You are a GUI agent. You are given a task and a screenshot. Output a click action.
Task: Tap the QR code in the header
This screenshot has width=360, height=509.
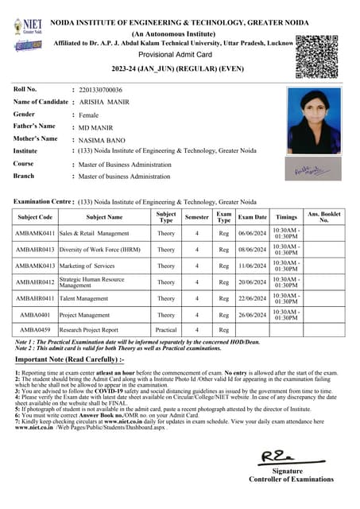pos(317,56)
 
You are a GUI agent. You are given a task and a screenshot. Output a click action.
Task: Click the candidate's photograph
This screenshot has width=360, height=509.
pos(314,122)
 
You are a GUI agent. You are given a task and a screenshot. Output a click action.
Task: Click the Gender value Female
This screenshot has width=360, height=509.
pos(89,115)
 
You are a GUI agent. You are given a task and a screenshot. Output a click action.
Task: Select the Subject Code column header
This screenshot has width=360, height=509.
pos(35,217)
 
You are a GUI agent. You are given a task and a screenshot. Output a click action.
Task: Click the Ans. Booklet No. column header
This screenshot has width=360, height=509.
pos(323,217)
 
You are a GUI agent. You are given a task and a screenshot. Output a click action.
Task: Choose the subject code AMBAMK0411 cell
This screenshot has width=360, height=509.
pos(35,234)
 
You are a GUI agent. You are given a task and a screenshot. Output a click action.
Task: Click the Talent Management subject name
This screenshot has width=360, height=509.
pos(83,298)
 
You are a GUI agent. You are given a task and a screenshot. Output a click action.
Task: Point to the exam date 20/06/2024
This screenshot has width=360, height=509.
pos(253,282)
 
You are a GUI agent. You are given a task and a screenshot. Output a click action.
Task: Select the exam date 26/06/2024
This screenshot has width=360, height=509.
pos(253,314)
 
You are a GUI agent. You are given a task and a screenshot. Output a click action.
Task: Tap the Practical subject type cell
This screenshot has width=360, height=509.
pos(166,329)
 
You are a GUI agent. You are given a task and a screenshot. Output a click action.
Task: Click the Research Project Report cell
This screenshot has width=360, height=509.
pos(88,329)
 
